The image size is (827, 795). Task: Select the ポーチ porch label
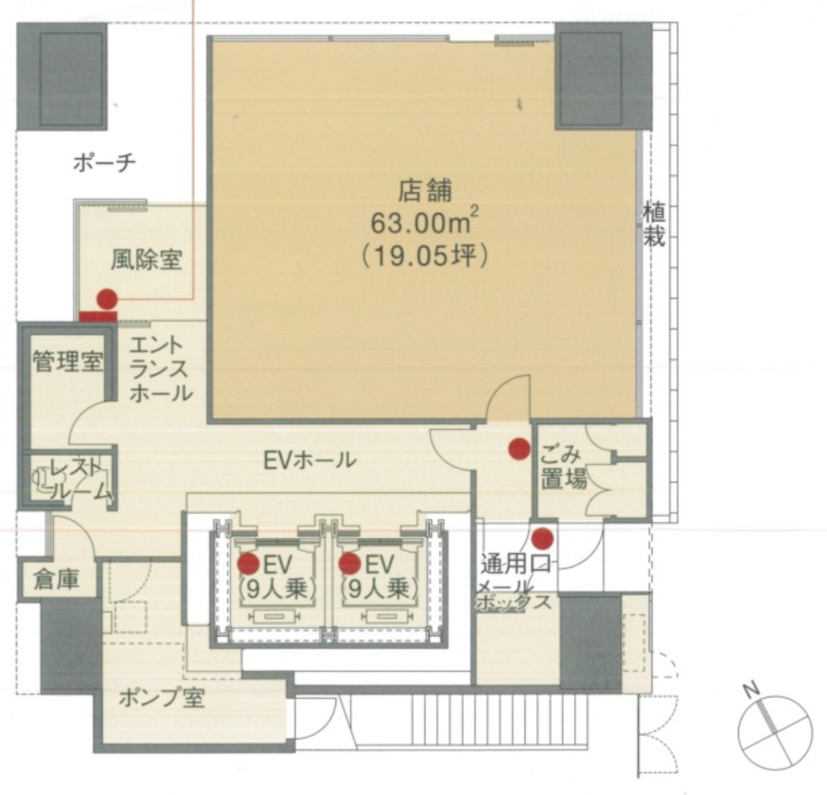pos(104,163)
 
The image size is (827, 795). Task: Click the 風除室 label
pos(146,259)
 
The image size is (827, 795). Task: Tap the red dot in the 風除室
pos(106,299)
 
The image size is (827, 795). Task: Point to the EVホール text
pos(310,459)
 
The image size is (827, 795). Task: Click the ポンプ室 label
pos(161,698)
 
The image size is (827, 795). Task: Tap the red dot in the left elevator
pos(248,564)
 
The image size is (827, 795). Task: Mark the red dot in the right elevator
pos(350,564)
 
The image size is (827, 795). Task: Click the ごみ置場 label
pos(562,468)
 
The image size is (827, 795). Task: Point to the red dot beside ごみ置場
pos(518,449)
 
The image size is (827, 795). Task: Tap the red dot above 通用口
pos(543,536)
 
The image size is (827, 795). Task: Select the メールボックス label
pos(514,594)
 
